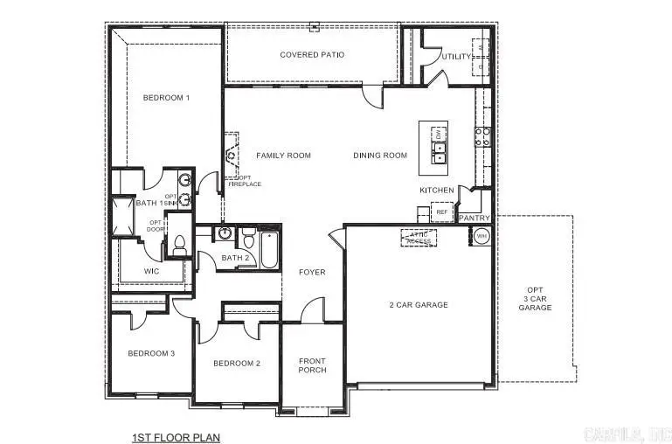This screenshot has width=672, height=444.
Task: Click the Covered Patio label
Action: click(x=312, y=55)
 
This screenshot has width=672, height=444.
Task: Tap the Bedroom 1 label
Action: click(x=165, y=98)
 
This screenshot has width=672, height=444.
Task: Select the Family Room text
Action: click(x=283, y=156)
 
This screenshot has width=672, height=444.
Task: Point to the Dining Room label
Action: click(x=380, y=156)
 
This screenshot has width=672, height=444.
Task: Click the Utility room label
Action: click(x=456, y=57)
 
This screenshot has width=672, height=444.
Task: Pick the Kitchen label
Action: click(x=437, y=190)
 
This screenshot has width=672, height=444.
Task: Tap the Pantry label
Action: click(x=475, y=218)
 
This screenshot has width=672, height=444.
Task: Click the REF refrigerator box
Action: click(x=441, y=212)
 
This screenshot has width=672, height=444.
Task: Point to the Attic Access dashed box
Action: click(x=419, y=238)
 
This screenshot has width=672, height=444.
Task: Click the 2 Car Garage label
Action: click(x=419, y=305)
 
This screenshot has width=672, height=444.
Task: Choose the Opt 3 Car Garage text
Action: click(x=535, y=299)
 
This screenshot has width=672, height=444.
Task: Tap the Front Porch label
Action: click(x=312, y=365)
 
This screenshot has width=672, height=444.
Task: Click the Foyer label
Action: click(x=312, y=273)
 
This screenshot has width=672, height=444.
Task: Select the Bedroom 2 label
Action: click(x=236, y=363)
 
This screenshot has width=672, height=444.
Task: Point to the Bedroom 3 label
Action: click(x=152, y=353)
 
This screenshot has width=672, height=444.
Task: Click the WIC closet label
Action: click(x=152, y=272)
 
